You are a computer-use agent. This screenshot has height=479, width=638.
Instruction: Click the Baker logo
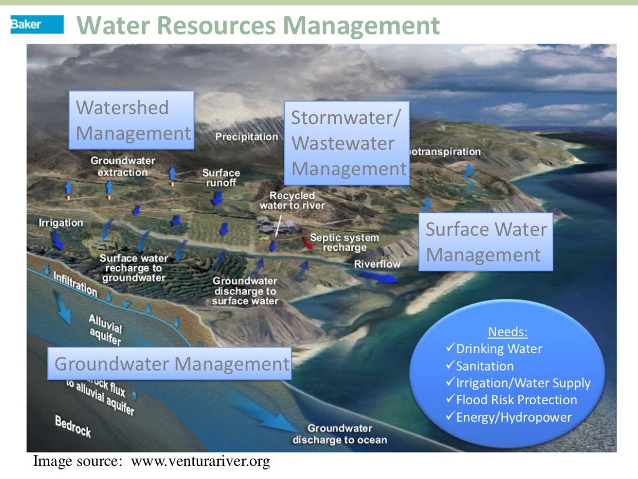tap(37, 24)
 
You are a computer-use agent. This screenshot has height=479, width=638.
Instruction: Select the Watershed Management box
tap(131, 120)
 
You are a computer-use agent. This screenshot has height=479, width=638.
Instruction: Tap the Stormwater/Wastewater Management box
tap(347, 143)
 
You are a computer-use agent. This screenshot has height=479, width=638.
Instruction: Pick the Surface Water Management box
tap(485, 242)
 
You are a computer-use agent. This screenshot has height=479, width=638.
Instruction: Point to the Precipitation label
tap(247, 137)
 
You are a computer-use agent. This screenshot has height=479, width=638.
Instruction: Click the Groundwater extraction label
tap(123, 167)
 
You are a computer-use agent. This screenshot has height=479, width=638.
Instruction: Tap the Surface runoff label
tap(221, 178)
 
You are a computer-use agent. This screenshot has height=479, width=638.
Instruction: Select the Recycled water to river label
tap(292, 200)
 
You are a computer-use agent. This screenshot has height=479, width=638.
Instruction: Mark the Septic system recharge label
tap(344, 243)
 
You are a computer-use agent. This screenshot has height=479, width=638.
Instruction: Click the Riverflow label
tap(378, 264)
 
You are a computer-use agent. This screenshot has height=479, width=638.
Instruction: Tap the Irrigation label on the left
tap(60, 223)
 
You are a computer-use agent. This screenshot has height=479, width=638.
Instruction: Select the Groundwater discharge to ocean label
tap(340, 434)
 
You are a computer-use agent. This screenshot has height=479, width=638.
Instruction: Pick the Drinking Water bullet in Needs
tap(498, 349)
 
